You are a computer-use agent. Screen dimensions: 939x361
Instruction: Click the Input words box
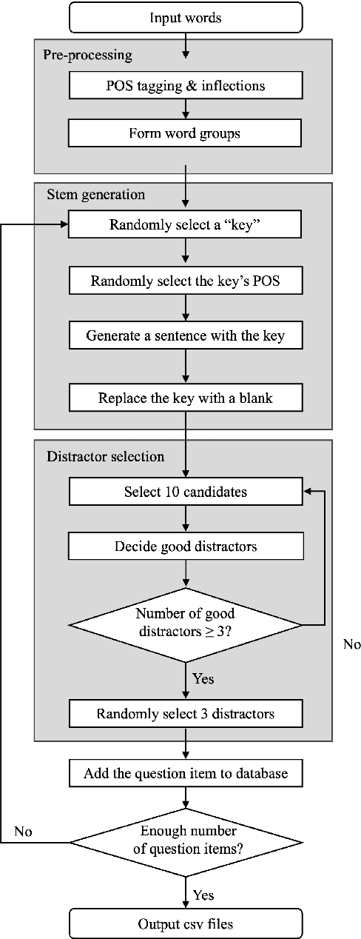(x=185, y=17)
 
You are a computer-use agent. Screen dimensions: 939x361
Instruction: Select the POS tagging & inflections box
(x=185, y=86)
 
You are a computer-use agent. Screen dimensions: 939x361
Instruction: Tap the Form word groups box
(x=185, y=133)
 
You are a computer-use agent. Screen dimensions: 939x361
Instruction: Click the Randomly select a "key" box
(x=185, y=225)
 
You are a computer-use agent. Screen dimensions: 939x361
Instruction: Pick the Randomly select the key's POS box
(x=185, y=281)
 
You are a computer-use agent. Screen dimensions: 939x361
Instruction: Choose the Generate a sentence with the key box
(x=185, y=335)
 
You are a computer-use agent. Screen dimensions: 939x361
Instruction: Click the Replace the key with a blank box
(x=185, y=398)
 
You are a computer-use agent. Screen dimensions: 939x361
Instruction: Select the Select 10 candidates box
(x=185, y=492)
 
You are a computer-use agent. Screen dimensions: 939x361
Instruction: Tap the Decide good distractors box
(x=185, y=547)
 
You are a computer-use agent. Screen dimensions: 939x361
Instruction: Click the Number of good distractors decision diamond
(x=185, y=624)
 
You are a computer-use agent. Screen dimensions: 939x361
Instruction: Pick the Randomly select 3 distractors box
(x=185, y=714)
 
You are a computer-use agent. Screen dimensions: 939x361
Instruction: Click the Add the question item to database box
(x=185, y=774)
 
